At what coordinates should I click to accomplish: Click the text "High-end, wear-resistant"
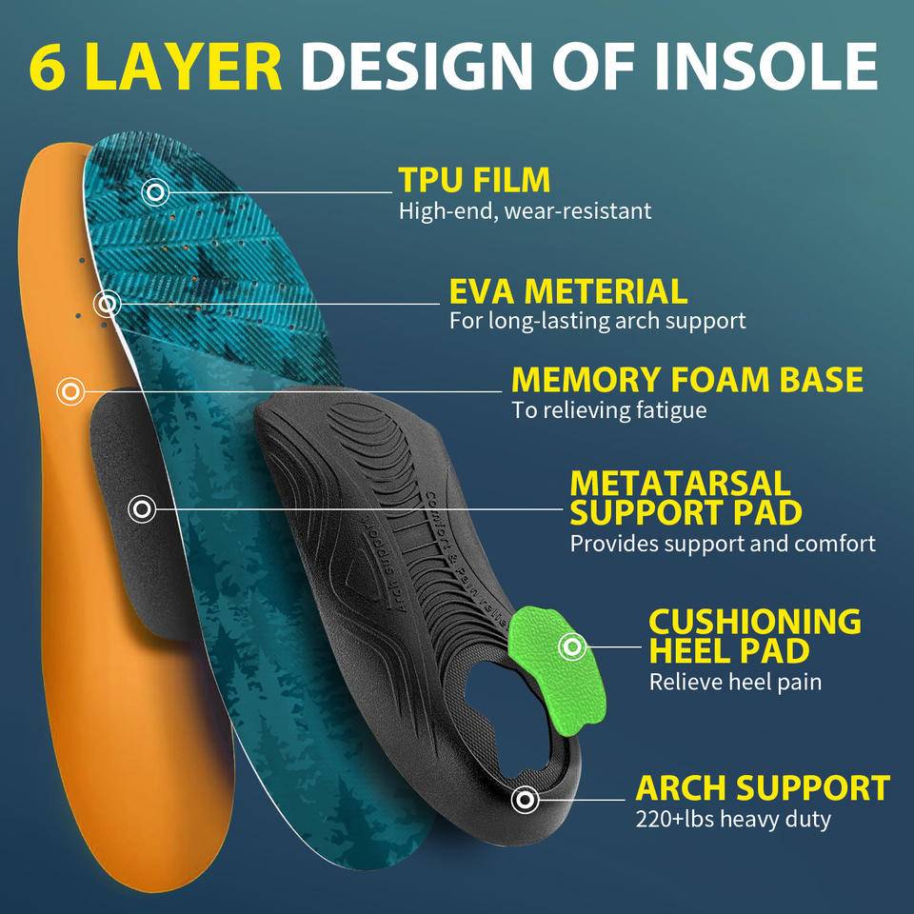[525, 211]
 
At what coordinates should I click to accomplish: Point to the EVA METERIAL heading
[567, 290]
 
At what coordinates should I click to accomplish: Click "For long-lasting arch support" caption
[597, 321]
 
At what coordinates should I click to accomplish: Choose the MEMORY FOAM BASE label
[686, 380]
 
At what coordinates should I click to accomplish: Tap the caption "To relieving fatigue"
[608, 410]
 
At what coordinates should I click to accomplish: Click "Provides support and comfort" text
[723, 544]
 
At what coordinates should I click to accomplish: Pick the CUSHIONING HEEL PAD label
[754, 636]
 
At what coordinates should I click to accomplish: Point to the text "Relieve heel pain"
[735, 682]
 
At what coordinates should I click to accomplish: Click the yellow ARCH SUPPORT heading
[763, 788]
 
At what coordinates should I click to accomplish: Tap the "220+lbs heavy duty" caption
[733, 819]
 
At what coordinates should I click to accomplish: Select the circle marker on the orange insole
[70, 390]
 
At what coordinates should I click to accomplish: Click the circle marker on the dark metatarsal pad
[142, 509]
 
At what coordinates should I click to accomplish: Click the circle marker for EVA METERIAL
[108, 304]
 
